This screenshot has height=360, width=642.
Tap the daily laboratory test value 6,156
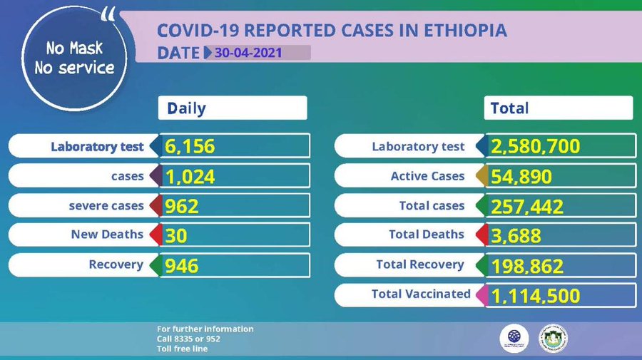click(x=190, y=146)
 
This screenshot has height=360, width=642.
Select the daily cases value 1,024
click(x=190, y=176)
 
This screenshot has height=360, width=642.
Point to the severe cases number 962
click(x=182, y=206)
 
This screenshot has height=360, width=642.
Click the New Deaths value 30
click(x=175, y=235)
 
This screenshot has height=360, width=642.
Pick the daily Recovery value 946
click(x=182, y=265)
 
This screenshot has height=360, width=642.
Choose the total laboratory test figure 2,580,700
click(x=535, y=147)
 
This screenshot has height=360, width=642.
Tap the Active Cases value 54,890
click(x=521, y=176)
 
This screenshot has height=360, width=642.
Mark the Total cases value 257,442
click(x=527, y=206)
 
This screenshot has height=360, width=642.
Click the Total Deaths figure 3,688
click(x=516, y=235)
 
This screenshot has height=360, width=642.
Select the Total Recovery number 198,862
click(x=527, y=266)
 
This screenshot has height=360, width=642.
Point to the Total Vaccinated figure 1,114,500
click(x=535, y=295)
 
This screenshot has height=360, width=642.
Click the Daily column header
click(x=186, y=108)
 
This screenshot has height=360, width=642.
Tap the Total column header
click(x=510, y=108)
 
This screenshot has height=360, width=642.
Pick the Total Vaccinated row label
click(x=421, y=294)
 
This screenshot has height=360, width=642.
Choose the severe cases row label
click(x=106, y=206)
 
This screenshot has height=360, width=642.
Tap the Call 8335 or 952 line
click(x=188, y=339)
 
